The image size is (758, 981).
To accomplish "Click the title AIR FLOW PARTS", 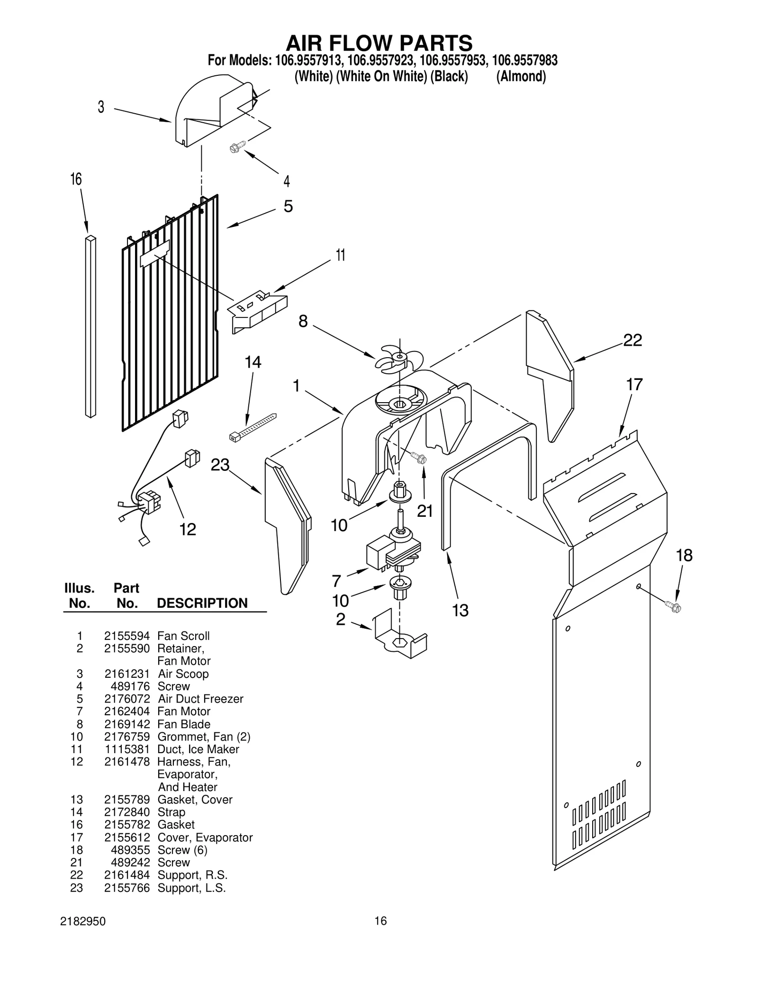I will (x=379, y=43).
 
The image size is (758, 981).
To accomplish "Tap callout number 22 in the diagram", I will (x=632, y=340).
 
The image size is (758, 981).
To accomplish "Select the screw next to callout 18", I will (x=673, y=606).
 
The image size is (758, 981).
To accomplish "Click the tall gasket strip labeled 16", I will (x=90, y=327).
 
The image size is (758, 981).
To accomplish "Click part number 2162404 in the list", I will (x=127, y=711).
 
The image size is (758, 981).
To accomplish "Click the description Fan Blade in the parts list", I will (x=184, y=724).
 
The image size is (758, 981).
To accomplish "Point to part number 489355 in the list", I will (x=130, y=850).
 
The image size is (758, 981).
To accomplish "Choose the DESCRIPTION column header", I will (x=202, y=603).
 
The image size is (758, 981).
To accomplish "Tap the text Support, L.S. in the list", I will (x=191, y=888).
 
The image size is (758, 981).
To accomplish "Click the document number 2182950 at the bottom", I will (x=83, y=921).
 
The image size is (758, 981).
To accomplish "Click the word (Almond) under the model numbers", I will (x=521, y=76).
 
